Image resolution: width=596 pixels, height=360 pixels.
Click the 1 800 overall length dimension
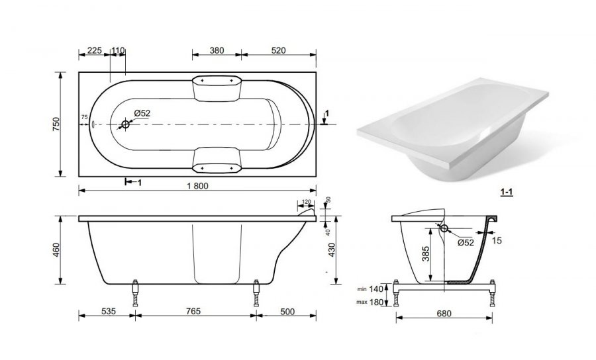(197, 186)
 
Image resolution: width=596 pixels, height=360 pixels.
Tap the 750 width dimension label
(56, 124)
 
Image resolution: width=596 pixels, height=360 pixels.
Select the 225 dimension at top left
(95, 50)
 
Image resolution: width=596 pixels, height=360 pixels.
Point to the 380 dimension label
(217, 50)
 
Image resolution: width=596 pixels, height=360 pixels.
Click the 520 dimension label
(279, 50)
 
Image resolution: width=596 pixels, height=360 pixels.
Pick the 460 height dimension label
(56, 250)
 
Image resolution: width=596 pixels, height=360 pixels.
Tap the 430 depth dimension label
(332, 250)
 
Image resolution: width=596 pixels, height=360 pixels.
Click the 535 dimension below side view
(109, 312)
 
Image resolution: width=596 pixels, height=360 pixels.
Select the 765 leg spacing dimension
(193, 312)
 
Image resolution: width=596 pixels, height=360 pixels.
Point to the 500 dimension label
(287, 312)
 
